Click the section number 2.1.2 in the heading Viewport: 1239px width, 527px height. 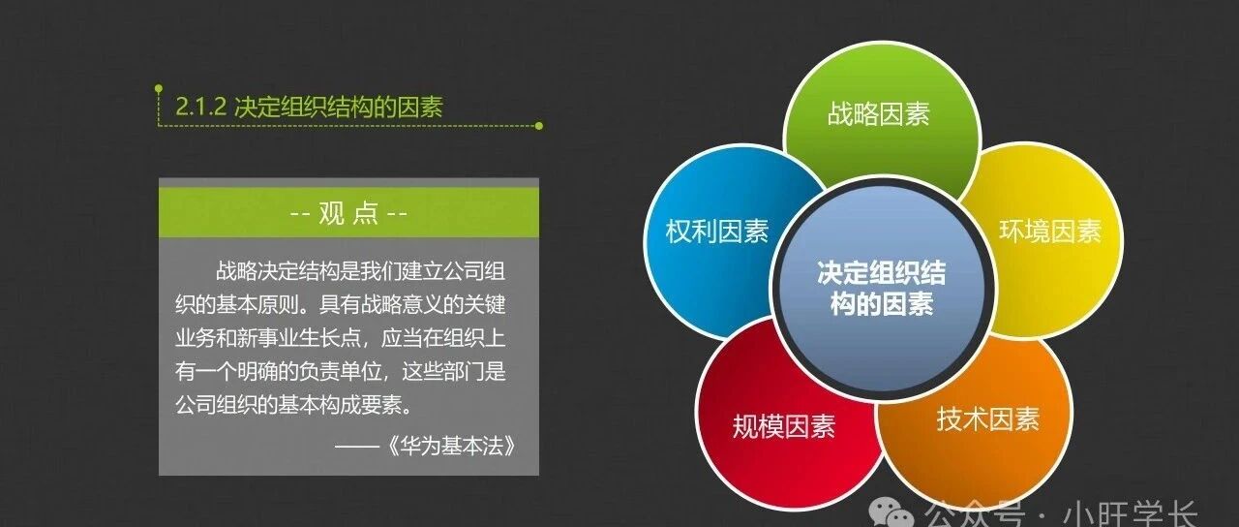(200, 107)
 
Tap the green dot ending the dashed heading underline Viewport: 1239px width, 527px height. (539, 126)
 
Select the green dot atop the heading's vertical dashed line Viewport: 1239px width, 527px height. (159, 88)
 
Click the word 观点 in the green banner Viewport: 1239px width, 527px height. (348, 212)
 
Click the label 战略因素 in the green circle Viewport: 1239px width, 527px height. (878, 114)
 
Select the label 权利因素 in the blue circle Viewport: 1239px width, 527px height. (717, 232)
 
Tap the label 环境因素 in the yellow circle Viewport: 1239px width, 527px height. (1050, 232)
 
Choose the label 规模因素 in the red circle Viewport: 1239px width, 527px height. (784, 427)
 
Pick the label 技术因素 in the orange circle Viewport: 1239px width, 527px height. (988, 419)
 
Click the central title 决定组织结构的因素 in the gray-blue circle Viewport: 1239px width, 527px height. (882, 289)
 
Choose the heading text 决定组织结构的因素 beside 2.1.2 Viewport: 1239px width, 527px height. (339, 107)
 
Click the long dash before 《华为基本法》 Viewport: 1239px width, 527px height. (357, 446)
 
